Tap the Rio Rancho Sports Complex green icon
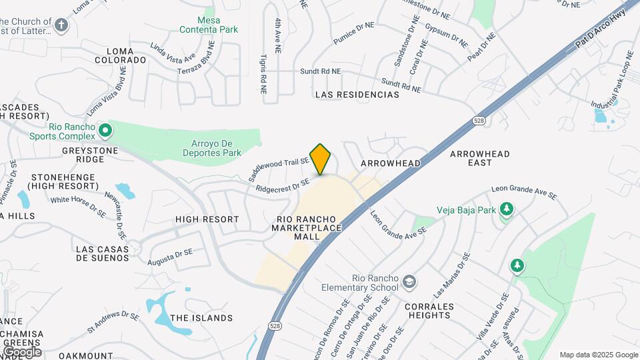pos(105,129)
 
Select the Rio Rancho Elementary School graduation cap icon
pos(409,283)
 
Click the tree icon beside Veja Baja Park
pos(507,210)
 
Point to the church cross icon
pos(62,25)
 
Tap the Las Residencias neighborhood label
pos(357,95)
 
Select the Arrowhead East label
pos(479,158)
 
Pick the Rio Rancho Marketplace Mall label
pos(307,223)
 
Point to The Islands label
pos(201,318)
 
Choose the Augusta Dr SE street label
pos(171,255)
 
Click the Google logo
pos(22,351)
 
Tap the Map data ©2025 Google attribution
pos(598,355)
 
